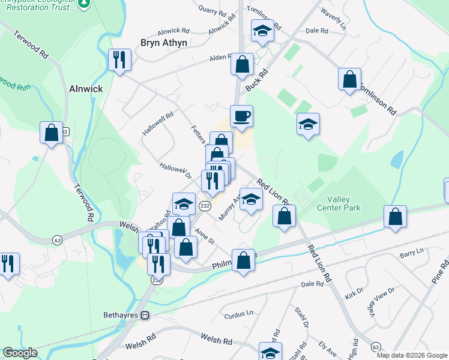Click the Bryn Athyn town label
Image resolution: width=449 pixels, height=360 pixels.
[x=164, y=43]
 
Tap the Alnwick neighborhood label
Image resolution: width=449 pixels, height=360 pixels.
[x=86, y=88]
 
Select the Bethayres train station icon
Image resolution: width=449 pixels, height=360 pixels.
[x=145, y=315]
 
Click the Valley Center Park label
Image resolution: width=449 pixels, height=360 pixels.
[x=343, y=203]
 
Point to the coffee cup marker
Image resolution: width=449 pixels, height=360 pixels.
[x=241, y=116]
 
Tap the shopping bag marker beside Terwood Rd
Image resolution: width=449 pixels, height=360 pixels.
[x=52, y=133]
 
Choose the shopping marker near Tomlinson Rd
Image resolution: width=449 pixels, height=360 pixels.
[x=349, y=79]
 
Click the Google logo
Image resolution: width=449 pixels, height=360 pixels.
[x=20, y=353]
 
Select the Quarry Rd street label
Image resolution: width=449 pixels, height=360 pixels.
[x=214, y=11]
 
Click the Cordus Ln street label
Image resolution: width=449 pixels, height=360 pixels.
[x=238, y=315]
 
